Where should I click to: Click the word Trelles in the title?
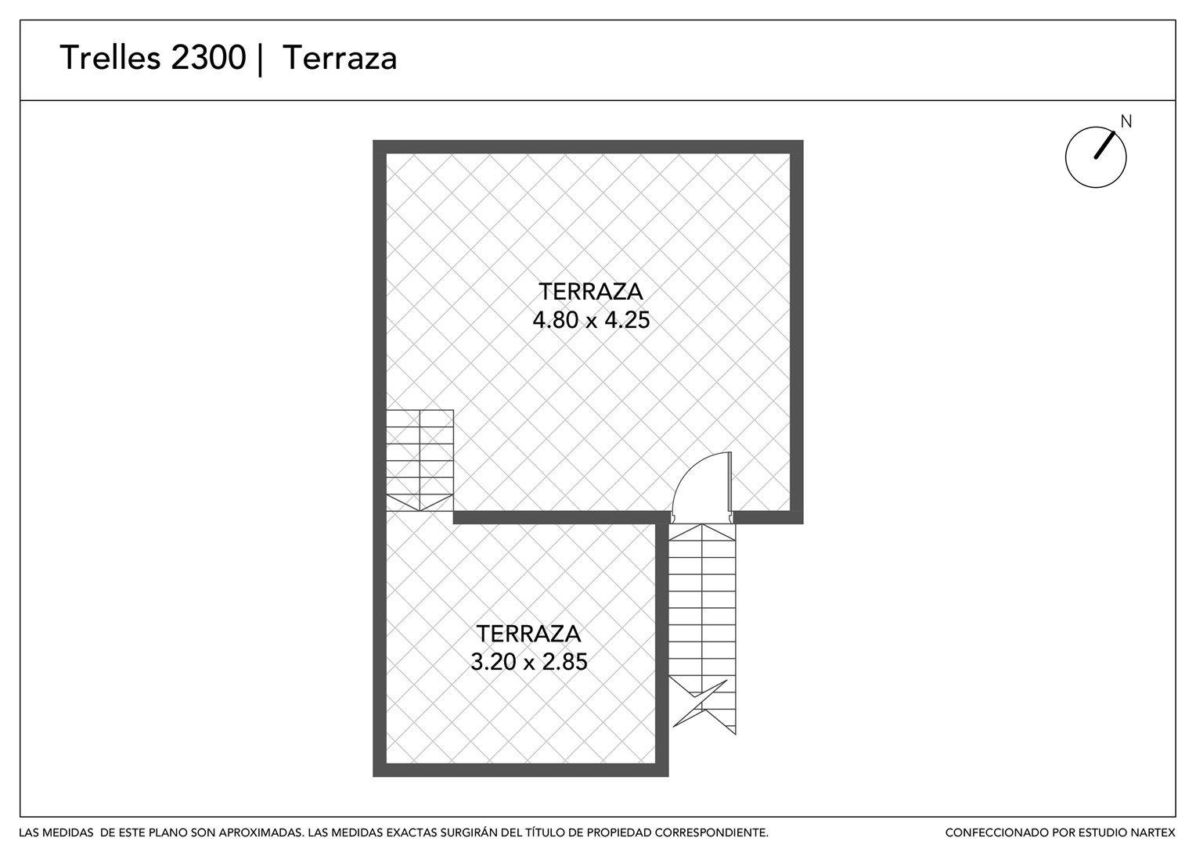click(110, 58)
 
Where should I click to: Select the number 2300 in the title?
click(208, 58)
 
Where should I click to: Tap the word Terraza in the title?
click(340, 58)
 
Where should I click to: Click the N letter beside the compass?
click(1126, 122)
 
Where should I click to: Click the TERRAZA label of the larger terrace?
click(590, 292)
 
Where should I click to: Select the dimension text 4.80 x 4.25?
click(591, 320)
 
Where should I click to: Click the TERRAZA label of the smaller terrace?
click(528, 634)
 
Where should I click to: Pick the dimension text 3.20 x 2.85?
click(528, 662)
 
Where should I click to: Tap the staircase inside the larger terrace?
click(420, 460)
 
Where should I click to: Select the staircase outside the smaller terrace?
click(702, 629)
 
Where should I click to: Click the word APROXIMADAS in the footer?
click(261, 832)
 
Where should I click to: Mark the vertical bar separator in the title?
click(260, 59)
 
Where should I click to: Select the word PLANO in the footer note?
click(174, 832)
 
